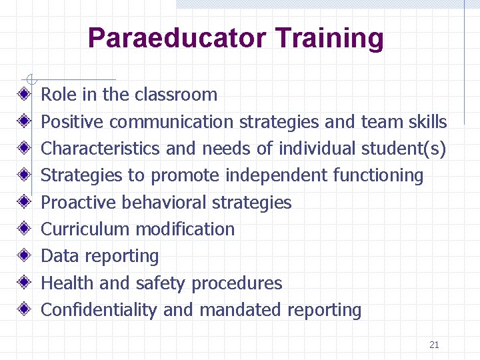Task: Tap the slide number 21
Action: [x=434, y=345]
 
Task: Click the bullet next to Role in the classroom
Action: [x=24, y=95]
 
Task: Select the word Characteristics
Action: [x=101, y=149]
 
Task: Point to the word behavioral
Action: [x=161, y=202]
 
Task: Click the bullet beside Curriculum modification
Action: [x=24, y=229]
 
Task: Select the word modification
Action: [x=185, y=229]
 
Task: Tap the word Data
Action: [x=57, y=256]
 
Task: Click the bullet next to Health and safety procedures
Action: [x=24, y=283]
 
